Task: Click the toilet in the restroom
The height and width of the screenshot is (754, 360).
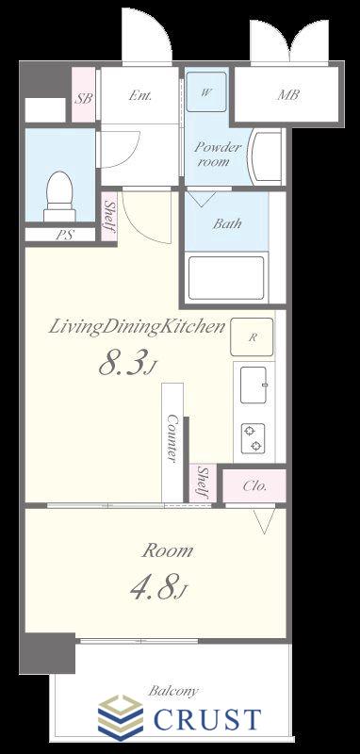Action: (59, 196)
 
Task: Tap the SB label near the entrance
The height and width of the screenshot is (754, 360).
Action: (84, 98)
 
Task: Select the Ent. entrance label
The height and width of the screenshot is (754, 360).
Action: (140, 96)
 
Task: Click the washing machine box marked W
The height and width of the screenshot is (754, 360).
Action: (206, 91)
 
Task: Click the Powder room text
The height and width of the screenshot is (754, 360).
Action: (218, 154)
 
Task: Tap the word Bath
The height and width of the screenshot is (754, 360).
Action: (227, 223)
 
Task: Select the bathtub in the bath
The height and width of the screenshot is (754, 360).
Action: (226, 278)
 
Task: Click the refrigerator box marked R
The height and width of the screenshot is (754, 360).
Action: (252, 337)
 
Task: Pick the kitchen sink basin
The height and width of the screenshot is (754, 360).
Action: (254, 385)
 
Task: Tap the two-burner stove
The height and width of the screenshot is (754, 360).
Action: (254, 437)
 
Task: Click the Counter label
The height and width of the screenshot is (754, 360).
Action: (172, 437)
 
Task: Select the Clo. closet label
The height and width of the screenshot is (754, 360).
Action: (254, 485)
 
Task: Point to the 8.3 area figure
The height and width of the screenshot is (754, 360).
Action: (127, 364)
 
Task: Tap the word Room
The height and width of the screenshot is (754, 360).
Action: (167, 550)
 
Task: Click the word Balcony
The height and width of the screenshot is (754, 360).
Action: (172, 692)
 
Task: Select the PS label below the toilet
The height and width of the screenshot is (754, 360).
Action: (63, 236)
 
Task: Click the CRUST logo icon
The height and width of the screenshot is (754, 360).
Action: (121, 718)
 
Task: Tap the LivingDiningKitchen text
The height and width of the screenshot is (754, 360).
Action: (137, 328)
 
